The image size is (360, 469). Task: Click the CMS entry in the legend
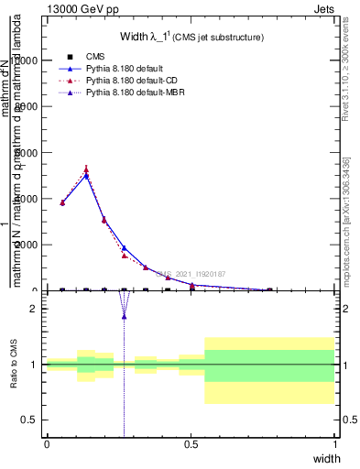point(95,56)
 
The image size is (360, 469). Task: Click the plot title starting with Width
point(192,37)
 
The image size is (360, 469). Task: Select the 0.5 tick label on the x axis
point(191,444)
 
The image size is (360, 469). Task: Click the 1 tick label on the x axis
point(334,444)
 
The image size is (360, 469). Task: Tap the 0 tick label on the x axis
point(47,444)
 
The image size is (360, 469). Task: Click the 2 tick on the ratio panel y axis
point(32,309)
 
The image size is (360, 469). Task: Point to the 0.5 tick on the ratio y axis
point(28,420)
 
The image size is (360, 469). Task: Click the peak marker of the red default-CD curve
point(86,169)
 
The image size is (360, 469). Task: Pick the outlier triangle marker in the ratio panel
point(124,316)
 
